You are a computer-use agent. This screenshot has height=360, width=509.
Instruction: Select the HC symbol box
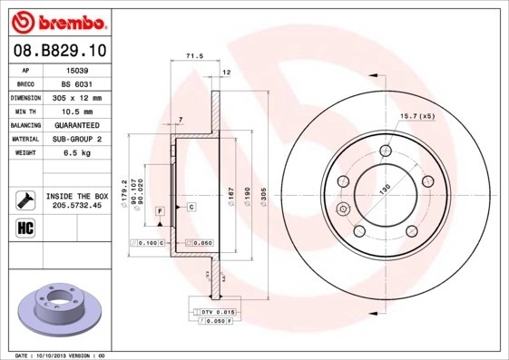point(24,228)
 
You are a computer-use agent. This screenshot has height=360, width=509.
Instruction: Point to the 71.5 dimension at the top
point(193,55)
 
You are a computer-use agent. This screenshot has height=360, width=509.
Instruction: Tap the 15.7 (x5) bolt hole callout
point(418,116)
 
